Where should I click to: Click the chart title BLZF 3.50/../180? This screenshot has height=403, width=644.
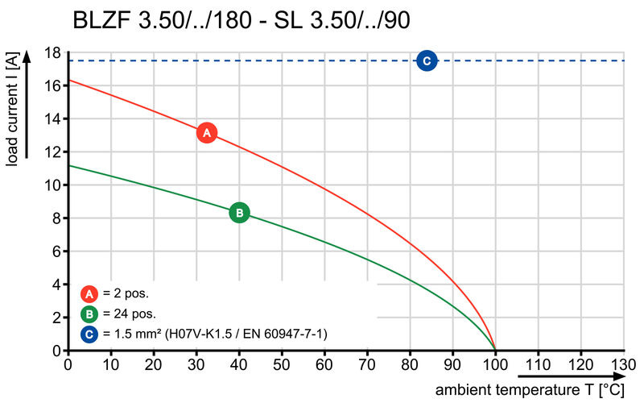242,20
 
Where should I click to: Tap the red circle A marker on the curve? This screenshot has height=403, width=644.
206,133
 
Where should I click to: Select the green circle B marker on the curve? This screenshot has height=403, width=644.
239,213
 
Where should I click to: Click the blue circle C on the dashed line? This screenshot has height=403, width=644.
427,60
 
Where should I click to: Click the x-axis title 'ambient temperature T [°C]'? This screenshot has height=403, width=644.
531,389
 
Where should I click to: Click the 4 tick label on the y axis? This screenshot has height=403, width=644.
56,285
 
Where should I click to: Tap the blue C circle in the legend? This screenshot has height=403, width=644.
90,333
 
